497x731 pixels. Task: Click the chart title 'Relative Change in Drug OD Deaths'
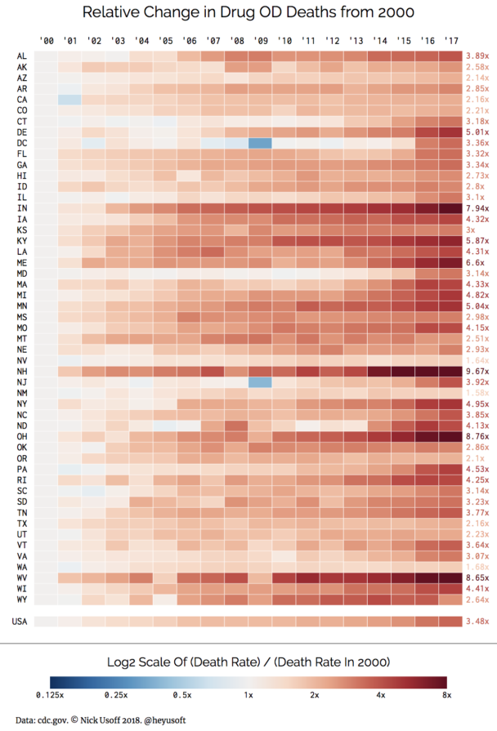click(x=248, y=12)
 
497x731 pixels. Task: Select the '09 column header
click(x=261, y=40)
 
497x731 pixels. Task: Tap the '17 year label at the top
click(x=450, y=40)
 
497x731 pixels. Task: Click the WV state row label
click(x=20, y=577)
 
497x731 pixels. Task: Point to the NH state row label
click(x=20, y=370)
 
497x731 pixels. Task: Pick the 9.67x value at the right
click(x=477, y=370)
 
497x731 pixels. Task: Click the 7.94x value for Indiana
click(x=477, y=208)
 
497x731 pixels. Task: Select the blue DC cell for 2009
click(x=261, y=143)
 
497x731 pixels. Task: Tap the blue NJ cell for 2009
click(x=261, y=381)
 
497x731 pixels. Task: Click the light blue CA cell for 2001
click(x=70, y=99)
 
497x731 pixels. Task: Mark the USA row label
click(x=19, y=622)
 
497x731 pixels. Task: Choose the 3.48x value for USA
click(x=477, y=622)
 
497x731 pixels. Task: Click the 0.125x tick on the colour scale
click(x=50, y=695)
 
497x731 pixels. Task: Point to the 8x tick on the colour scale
click(x=446, y=695)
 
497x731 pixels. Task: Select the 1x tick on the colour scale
click(x=248, y=695)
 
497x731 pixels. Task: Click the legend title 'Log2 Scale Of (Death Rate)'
click(x=248, y=661)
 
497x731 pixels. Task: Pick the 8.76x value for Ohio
click(x=477, y=436)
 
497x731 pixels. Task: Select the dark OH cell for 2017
click(x=450, y=436)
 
